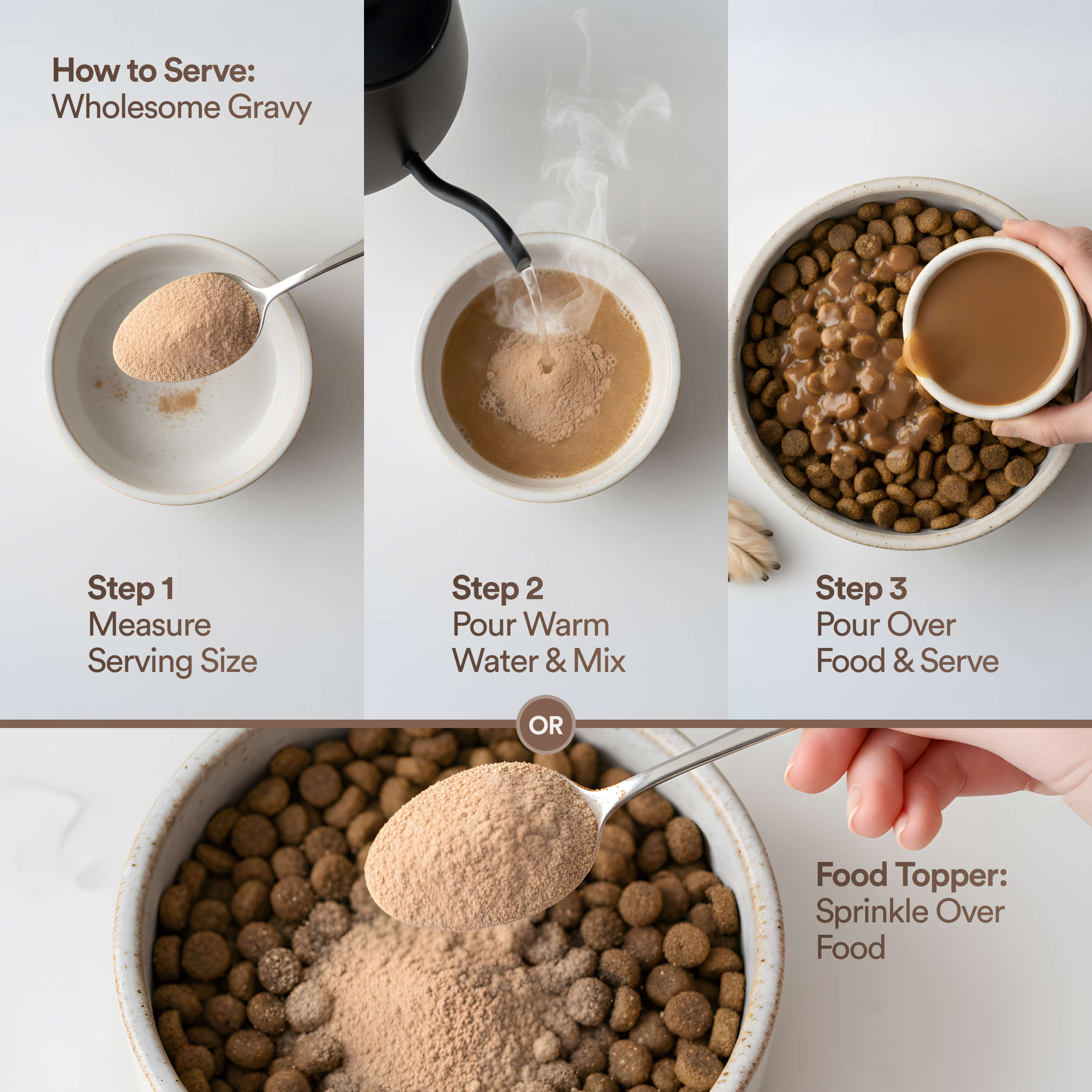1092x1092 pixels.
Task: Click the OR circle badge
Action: click(x=545, y=725)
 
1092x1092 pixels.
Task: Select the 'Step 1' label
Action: click(x=131, y=588)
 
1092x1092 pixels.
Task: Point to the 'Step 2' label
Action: click(x=497, y=588)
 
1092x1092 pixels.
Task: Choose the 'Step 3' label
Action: click(x=861, y=588)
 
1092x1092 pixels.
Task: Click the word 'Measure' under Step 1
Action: click(x=150, y=625)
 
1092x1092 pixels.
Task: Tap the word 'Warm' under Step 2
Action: click(x=566, y=625)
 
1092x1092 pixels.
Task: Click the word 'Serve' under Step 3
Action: click(x=959, y=661)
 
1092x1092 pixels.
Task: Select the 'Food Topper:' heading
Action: click(x=911, y=875)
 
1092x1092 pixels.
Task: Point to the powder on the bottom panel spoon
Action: click(x=480, y=848)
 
